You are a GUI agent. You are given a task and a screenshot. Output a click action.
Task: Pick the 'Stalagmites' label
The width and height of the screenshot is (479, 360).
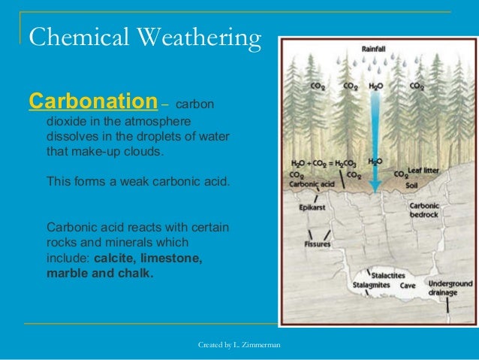371,286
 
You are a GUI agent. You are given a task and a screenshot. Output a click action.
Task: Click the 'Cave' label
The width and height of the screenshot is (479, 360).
410,286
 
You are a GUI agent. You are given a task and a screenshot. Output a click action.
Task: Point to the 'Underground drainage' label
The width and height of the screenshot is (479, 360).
450,288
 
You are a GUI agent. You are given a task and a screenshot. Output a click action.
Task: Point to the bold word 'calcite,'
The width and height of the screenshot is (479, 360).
119,258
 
